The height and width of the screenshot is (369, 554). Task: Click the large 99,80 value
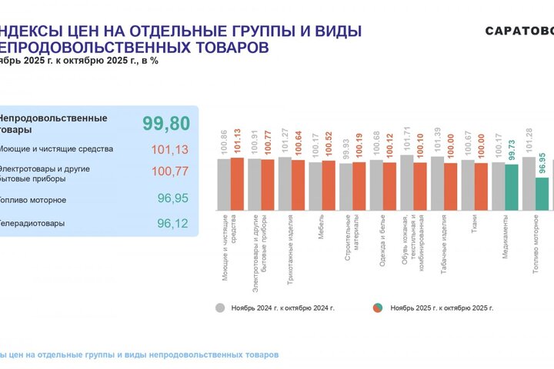pos(166,123)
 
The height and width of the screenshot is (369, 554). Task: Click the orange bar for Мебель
pos(329,185)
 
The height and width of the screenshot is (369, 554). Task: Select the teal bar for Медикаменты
pos(512,187)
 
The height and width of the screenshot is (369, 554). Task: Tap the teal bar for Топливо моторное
pos(542,194)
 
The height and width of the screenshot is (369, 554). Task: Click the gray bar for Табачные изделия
pos(437,184)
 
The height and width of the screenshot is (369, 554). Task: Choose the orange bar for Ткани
pos(481,187)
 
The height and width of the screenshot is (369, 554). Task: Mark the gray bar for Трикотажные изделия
pos(285,184)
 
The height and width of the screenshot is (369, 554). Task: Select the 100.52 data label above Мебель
pos(329,145)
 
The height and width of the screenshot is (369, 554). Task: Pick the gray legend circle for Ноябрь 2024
pos(221,307)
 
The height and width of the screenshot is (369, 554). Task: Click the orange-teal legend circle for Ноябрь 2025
pos(378,307)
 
